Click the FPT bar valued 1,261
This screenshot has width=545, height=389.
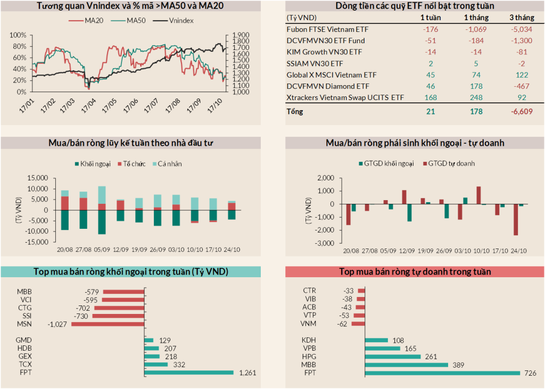point(189,373)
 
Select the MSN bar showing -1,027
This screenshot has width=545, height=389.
point(108,324)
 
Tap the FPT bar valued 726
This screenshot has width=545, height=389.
point(442,373)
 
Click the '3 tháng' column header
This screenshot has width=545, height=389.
point(522,18)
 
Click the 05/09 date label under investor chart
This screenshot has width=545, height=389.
point(101,250)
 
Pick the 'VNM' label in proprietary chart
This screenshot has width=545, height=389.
point(309,324)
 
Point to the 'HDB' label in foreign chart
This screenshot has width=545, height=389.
point(24,348)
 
